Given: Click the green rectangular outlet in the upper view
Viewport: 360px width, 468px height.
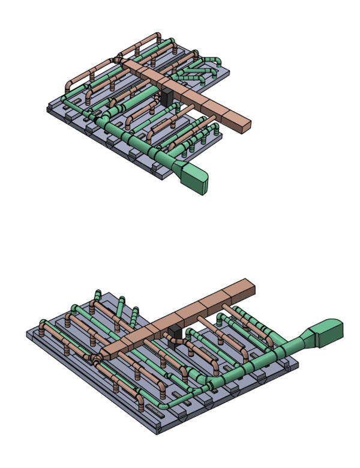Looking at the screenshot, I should tap(196, 178).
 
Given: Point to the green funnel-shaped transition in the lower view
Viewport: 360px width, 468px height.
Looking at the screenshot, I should tap(303, 337).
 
